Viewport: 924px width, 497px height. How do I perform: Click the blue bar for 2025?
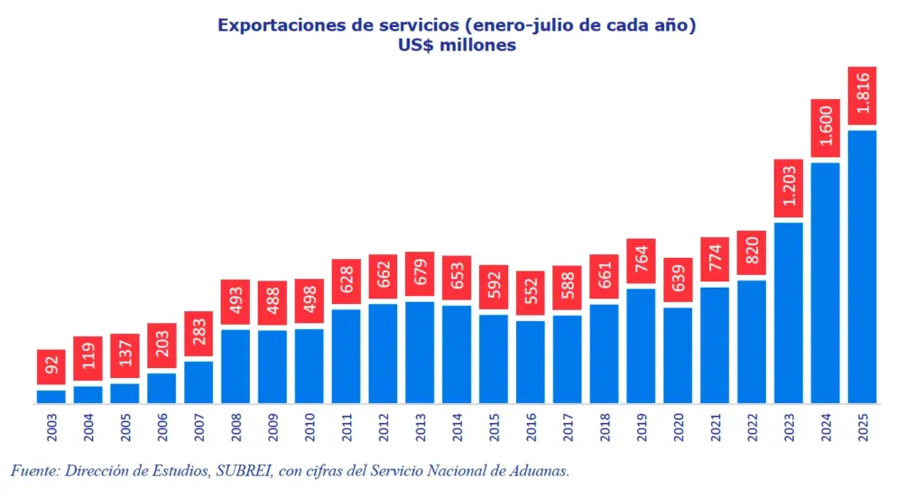[x=862, y=267]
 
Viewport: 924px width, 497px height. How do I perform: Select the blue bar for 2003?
[x=51, y=396]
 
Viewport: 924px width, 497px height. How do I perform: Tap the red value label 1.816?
[x=862, y=95]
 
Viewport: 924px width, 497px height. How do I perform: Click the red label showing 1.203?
[x=788, y=189]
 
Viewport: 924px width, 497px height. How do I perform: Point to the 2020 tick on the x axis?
[x=678, y=427]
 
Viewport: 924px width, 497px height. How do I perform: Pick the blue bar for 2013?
[x=420, y=352]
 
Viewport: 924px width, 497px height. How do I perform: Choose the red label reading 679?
[x=420, y=274]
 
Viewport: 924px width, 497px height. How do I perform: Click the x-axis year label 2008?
[x=236, y=427]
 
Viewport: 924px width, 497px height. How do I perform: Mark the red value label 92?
[x=51, y=367]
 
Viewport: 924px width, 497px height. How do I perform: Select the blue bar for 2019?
[x=641, y=345]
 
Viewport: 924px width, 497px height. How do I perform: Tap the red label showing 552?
[x=531, y=294]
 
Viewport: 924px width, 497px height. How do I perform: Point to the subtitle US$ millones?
[x=461, y=45]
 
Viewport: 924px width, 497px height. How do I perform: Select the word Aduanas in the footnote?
[x=538, y=471]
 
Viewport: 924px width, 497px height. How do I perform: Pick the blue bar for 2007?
[x=199, y=382]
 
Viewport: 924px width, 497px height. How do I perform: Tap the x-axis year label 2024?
[x=825, y=427]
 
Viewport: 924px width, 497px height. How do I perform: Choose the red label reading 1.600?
[x=825, y=127]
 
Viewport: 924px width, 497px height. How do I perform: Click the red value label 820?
[x=751, y=253]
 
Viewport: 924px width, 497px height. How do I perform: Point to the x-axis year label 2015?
[x=494, y=427]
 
